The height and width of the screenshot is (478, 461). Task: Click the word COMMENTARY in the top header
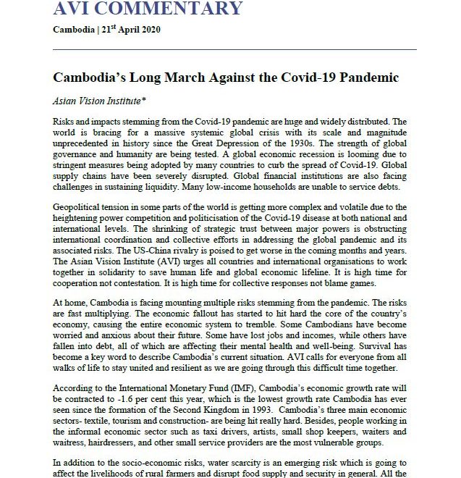[x=174, y=9]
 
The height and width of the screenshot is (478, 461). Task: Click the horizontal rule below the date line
[x=235, y=49]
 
